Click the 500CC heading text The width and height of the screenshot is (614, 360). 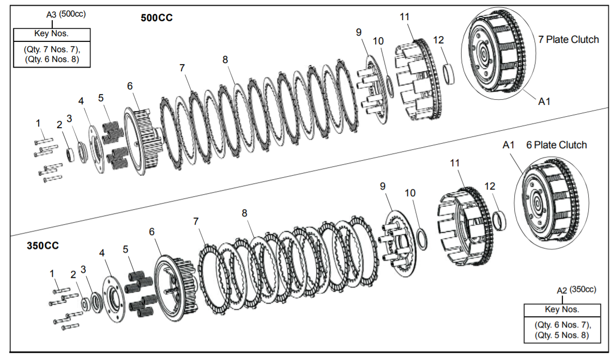point(157,18)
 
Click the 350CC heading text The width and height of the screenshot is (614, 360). point(42,245)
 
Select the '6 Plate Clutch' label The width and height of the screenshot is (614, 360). point(556,145)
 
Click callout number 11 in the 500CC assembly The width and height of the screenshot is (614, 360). point(404,17)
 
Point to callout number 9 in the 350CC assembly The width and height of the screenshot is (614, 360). point(382,186)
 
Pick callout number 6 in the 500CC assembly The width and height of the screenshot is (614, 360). point(130,86)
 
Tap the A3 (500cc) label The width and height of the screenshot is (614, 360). point(66,14)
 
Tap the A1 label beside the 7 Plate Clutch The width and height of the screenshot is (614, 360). point(544,102)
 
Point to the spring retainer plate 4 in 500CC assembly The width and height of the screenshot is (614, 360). point(95,149)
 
